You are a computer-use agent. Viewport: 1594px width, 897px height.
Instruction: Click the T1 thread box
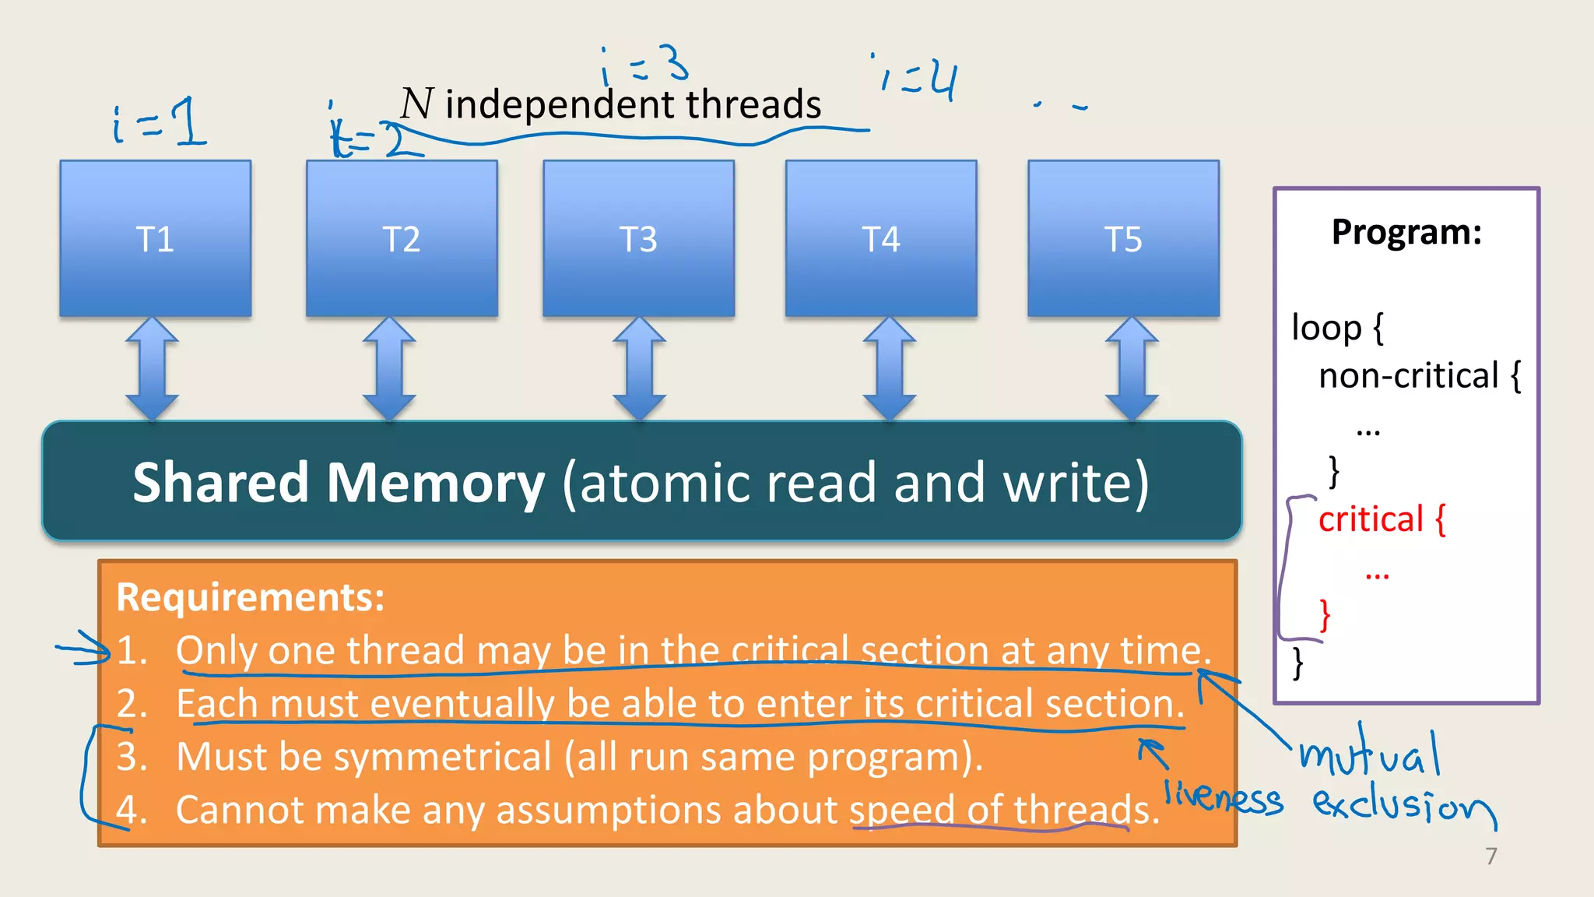click(156, 238)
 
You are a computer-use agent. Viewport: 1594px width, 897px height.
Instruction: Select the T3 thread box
click(638, 238)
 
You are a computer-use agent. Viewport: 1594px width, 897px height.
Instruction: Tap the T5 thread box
click(1123, 238)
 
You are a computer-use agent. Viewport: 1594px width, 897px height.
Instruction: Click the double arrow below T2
click(389, 368)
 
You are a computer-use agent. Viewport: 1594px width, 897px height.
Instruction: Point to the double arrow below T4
click(890, 368)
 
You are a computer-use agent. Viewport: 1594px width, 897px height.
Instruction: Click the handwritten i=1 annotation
click(160, 123)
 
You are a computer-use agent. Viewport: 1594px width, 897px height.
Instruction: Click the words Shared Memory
click(339, 483)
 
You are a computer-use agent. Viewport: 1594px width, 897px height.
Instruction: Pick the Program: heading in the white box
click(1406, 232)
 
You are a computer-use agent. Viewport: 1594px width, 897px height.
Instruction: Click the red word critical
click(1371, 519)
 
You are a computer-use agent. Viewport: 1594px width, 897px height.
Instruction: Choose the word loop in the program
click(1325, 328)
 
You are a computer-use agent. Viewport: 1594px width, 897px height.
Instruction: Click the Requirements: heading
click(251, 597)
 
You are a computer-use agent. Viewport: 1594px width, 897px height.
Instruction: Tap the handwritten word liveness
click(1223, 798)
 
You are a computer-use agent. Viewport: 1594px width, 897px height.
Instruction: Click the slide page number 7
click(1490, 856)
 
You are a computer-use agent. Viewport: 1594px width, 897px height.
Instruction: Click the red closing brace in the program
click(1325, 615)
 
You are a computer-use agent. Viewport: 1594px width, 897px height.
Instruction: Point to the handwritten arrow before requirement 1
click(84, 649)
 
